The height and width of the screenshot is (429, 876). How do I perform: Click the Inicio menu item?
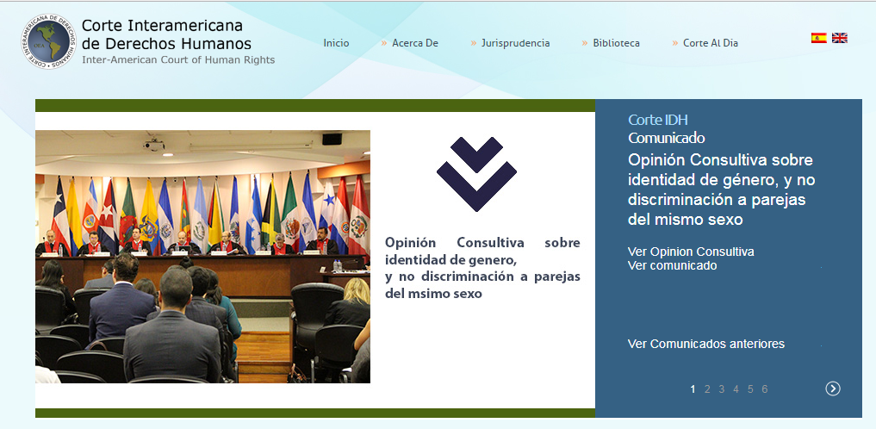tap(336, 43)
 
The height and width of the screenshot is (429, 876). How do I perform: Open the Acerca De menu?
tap(415, 43)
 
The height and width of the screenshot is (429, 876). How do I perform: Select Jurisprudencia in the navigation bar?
tap(516, 43)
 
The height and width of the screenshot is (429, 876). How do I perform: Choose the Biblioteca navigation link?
tap(616, 43)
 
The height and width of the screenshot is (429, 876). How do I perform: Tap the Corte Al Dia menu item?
tap(711, 43)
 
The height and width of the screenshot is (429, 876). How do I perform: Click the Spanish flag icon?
tap(819, 38)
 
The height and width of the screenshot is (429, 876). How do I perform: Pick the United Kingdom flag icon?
tap(840, 38)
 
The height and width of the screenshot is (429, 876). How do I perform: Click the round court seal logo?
tap(49, 41)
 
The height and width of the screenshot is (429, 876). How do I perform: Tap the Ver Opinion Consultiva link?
tap(691, 252)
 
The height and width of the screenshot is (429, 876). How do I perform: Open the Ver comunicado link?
tap(672, 266)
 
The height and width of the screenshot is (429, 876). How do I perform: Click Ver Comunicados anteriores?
tap(706, 344)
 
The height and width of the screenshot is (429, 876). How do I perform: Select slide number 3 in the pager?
tap(721, 389)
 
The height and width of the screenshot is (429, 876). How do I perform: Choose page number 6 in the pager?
tap(764, 389)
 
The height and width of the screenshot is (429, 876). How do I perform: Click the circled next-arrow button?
tap(833, 389)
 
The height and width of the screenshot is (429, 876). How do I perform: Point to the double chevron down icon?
tap(476, 174)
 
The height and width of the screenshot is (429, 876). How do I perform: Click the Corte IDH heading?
tap(657, 120)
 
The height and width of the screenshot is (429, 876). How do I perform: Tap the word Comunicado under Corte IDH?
tap(667, 138)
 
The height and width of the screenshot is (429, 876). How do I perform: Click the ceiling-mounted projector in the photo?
tap(153, 146)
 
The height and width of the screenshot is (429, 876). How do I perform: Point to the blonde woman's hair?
tap(357, 290)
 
